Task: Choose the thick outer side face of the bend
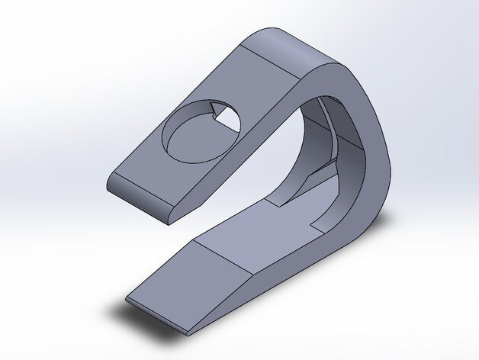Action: point(374,153)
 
